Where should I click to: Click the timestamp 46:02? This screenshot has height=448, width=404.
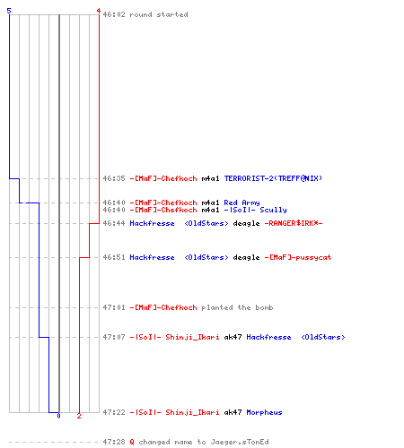click(114, 14)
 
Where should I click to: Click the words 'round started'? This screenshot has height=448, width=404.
click(159, 14)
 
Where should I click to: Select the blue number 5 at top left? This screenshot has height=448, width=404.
click(9, 11)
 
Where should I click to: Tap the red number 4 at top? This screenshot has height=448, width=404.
click(99, 11)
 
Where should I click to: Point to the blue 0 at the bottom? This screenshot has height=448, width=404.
click(58, 416)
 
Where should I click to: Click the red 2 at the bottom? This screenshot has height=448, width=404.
click(79, 416)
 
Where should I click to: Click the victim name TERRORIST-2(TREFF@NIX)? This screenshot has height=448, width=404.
click(273, 178)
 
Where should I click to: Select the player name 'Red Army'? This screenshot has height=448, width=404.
click(242, 202)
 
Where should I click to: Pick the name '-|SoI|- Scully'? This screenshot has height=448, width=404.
click(255, 210)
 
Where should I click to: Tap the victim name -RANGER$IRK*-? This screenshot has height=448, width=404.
click(294, 223)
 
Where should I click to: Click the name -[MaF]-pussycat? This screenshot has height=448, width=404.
click(298, 257)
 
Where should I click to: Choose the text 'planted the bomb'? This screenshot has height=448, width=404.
click(237, 307)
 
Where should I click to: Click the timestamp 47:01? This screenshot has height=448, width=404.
click(114, 307)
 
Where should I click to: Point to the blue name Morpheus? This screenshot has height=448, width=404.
click(264, 412)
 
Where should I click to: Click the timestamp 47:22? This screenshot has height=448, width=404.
click(114, 412)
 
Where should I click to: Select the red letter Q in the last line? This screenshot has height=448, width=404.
click(132, 442)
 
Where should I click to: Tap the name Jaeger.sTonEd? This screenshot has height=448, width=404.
click(240, 442)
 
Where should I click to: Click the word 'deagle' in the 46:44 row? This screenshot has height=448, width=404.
click(246, 223)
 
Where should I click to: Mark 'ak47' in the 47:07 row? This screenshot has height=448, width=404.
click(233, 337)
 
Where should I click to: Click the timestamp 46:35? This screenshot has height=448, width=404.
click(114, 178)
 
